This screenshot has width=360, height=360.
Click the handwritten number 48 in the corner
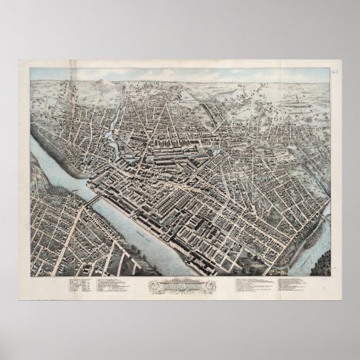(335, 69)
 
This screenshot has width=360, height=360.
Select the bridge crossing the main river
(94, 200)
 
